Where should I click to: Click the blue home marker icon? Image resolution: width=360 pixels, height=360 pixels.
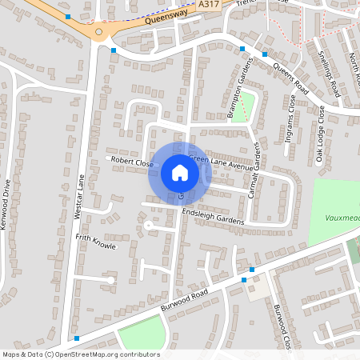click(179, 173)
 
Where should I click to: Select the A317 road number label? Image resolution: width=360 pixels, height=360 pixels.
click(209, 5)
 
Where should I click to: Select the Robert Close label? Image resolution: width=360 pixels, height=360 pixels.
click(132, 161)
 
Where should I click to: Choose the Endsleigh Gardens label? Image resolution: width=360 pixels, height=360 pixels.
click(212, 217)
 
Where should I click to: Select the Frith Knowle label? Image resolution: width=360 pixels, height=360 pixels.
click(95, 242)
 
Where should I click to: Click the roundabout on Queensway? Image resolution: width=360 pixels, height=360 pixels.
click(99, 33)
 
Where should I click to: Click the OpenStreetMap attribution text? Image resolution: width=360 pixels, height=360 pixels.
click(80, 354)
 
